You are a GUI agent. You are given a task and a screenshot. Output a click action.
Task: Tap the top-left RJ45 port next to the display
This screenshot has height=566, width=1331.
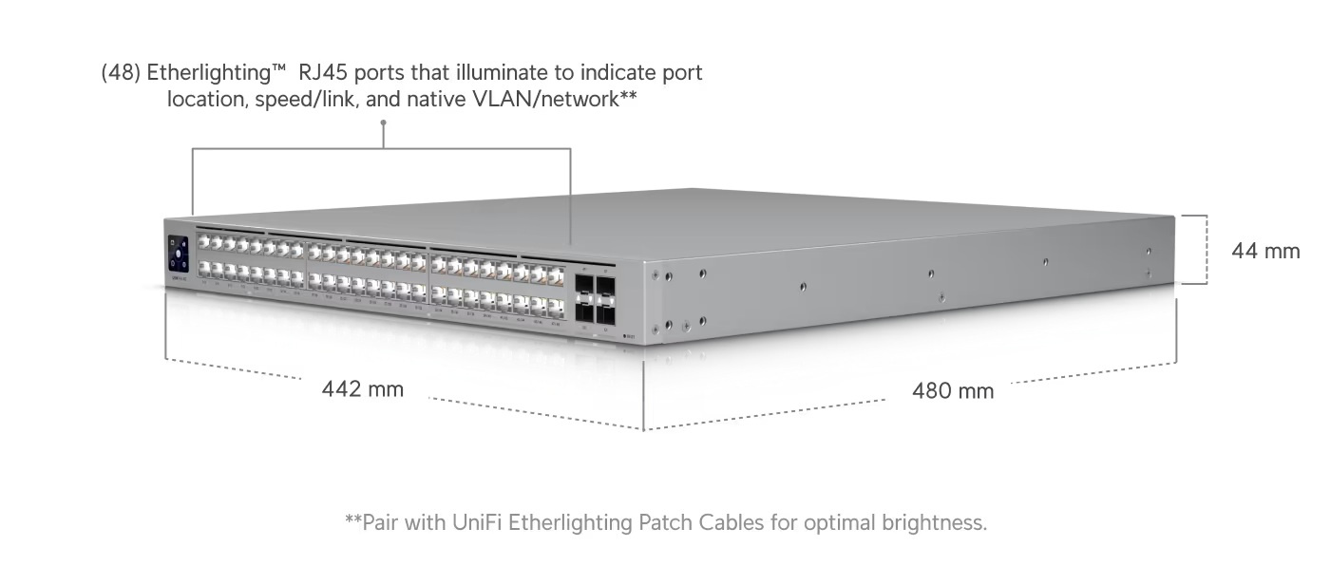point(203,242)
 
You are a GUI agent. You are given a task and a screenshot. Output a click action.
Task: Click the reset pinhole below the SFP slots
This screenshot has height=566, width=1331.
point(623,334)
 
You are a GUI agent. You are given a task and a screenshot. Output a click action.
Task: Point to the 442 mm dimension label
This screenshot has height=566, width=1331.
point(362,388)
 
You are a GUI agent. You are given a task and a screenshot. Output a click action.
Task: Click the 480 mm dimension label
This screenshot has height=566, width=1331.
point(952,390)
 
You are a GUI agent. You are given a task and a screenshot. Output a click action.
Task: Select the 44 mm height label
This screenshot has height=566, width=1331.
point(1264,251)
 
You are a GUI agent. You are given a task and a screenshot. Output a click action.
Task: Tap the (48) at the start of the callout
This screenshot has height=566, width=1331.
point(121,73)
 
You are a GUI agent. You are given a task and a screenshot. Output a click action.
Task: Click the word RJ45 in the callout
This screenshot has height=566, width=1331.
point(325,73)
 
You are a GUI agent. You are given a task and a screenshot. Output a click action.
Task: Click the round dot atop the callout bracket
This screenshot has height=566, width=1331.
point(383,123)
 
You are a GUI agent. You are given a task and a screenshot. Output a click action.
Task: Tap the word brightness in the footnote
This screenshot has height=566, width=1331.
point(936,522)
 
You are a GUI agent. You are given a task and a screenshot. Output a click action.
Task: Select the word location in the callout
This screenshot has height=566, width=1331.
point(205,99)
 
